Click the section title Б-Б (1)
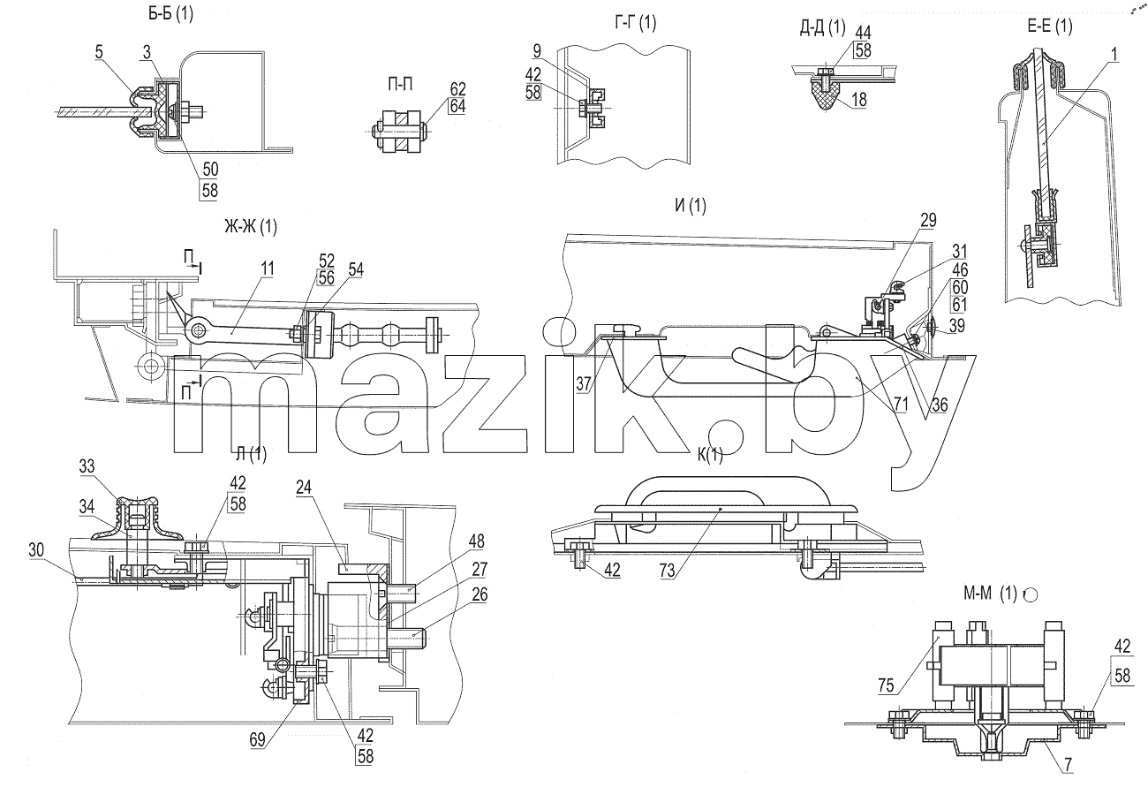tap(170, 14)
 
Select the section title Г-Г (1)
tap(636, 23)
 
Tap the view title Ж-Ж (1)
tap(251, 226)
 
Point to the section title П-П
tap(399, 85)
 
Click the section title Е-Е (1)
tap(1050, 26)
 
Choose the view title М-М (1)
tap(990, 594)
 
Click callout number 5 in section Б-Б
tap(99, 52)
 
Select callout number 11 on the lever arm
tap(268, 269)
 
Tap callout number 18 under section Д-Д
tap(859, 99)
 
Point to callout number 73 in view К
tap(668, 570)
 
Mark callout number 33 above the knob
tap(87, 466)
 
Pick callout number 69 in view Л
tap(257, 739)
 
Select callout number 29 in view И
tap(929, 221)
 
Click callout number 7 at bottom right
tap(1068, 765)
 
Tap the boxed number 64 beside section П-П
tap(457, 106)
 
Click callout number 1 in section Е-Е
tap(1114, 54)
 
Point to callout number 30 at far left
tap(36, 549)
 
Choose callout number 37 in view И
tap(583, 383)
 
